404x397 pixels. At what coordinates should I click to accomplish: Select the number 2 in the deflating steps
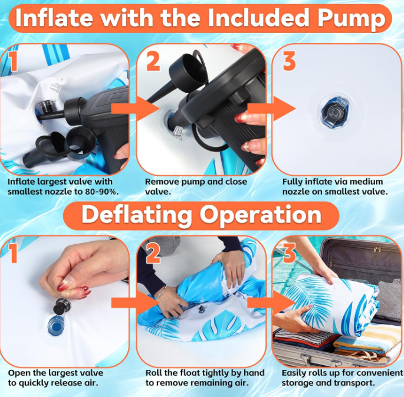click(x=153, y=253)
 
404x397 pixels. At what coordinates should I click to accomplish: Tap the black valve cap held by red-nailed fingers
click(x=62, y=306)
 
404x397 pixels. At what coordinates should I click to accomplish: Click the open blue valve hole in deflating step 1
click(x=56, y=326)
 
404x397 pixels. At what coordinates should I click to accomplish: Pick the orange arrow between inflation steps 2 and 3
click(x=272, y=109)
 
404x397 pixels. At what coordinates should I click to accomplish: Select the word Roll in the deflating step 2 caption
click(x=153, y=373)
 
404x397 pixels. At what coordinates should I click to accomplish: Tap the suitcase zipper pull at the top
click(x=376, y=250)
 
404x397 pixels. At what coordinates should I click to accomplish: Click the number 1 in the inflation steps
click(x=13, y=61)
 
